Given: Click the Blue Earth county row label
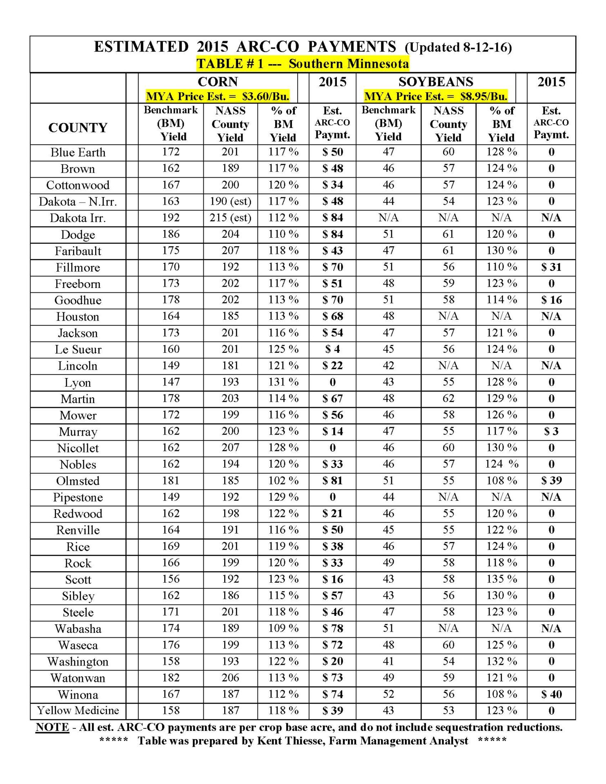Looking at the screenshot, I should [78, 152].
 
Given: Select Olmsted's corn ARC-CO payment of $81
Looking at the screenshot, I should [332, 481].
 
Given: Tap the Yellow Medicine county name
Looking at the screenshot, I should [78, 710].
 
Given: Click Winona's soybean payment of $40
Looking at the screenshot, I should [551, 694].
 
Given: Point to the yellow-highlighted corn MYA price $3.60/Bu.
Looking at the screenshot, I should [218, 96].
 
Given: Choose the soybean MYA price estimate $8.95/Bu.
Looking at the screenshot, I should [436, 96].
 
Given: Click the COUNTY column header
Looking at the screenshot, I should [78, 127].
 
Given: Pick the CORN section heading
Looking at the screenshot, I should [218, 82].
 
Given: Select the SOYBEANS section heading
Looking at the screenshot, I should [436, 82].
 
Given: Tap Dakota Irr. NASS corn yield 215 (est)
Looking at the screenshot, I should [230, 218].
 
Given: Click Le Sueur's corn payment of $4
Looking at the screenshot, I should [332, 349].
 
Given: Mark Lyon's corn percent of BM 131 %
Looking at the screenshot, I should [283, 382].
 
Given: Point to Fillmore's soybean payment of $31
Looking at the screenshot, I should [551, 267].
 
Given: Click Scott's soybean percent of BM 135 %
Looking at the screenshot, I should [501, 579].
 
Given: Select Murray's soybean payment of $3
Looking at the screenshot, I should [551, 432].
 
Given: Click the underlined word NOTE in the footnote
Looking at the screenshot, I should [52, 727].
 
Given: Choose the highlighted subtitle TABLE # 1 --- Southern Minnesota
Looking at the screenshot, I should [303, 64].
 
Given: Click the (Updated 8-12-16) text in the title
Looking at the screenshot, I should [458, 47].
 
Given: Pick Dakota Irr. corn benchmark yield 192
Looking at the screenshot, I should [171, 218].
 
